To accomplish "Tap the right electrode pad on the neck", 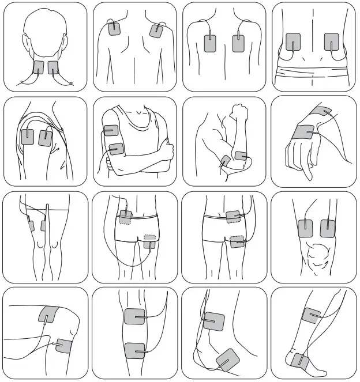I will point(53,67).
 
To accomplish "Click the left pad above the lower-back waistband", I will point(293,42).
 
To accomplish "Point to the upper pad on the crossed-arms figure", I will point(111,131).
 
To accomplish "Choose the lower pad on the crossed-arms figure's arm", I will point(116,149).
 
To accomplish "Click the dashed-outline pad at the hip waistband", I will point(124,217).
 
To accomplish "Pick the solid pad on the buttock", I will point(237,242).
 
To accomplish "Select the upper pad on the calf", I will point(135,316).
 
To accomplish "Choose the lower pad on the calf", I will point(135,350).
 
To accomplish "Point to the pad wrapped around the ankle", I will point(299,361).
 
